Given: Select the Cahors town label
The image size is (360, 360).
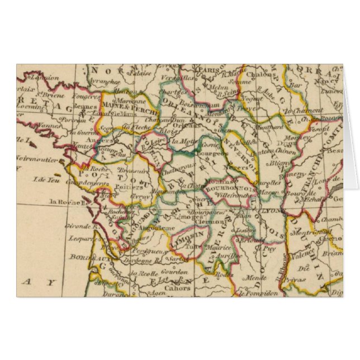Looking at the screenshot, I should click(178, 288).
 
